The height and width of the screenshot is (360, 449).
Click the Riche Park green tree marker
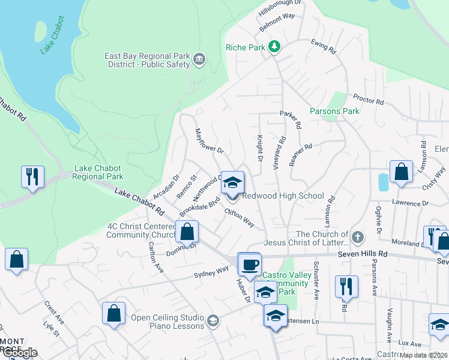point(274,47)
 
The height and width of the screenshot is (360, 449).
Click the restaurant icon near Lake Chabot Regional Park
point(31,176)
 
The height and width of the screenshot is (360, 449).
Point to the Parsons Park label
point(334,111)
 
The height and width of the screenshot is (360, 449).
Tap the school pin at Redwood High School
point(232,182)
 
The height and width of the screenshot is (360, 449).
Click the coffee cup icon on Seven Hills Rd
point(250,263)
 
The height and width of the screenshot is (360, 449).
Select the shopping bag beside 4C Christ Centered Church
point(187,231)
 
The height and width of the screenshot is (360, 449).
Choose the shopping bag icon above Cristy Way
point(401,172)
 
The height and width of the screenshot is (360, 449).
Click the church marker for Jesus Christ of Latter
point(358,235)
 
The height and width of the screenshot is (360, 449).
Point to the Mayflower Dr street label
point(209,142)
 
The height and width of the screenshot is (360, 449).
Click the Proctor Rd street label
point(369,100)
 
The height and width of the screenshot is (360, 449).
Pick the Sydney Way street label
point(211,271)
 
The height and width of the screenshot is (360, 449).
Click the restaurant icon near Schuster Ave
point(346,286)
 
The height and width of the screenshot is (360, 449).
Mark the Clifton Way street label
point(240,217)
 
